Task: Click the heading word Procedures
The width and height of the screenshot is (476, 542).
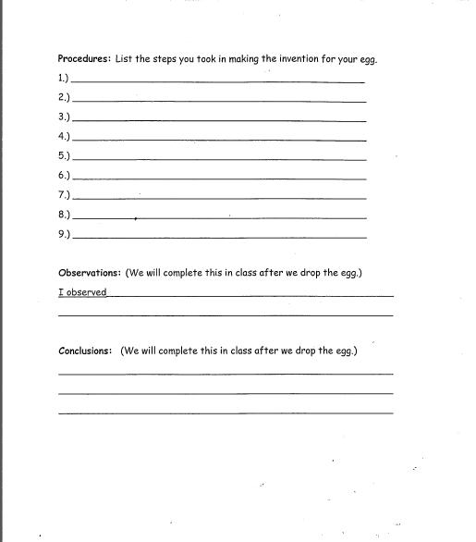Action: (84, 58)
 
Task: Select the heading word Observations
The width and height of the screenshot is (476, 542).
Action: (90, 273)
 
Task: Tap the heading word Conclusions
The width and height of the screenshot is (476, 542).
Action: (85, 351)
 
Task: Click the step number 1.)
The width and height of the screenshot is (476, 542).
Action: (64, 78)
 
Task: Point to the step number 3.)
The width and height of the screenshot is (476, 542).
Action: (64, 117)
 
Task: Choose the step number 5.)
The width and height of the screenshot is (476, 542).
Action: (64, 155)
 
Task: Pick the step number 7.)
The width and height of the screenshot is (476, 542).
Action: (64, 194)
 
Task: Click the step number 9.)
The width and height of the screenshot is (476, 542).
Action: (64, 234)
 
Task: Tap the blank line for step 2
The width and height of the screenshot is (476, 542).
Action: (218, 101)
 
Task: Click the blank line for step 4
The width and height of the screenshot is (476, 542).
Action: (218, 140)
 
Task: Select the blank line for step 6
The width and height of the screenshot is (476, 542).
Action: (218, 179)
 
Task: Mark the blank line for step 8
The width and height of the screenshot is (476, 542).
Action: (218, 218)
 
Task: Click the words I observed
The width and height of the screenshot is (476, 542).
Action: (82, 292)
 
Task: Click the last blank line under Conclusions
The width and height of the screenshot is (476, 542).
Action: (226, 413)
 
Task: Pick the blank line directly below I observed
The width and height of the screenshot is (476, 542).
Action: (226, 315)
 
